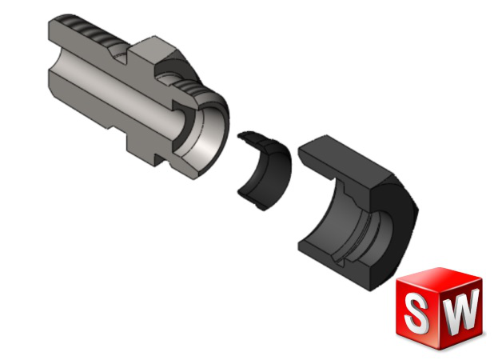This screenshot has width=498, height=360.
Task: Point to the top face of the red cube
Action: click(439, 278)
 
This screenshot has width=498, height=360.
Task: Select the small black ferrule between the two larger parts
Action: click(265, 170)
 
